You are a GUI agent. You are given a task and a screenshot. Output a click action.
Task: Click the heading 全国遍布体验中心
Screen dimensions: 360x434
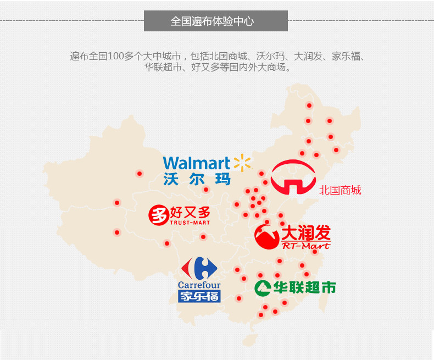215,21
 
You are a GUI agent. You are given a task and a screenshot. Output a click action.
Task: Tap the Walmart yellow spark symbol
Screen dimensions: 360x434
242,163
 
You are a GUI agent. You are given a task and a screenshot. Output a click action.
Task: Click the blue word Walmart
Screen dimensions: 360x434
196,163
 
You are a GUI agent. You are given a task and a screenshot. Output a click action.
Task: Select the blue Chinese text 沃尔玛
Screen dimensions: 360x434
196,179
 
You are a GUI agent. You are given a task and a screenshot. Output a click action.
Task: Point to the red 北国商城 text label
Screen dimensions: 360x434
340,191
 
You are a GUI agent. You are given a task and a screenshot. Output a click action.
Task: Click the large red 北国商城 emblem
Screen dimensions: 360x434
293,177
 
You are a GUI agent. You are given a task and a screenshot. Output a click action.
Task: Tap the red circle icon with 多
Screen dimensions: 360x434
158,215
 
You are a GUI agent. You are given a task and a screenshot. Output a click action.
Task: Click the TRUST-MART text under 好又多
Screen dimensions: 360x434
190,223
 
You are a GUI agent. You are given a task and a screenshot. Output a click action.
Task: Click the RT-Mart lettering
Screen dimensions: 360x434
305,246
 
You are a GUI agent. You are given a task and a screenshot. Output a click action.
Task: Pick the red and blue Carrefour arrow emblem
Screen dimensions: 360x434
199,269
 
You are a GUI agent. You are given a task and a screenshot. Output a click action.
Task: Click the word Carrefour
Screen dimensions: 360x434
199,285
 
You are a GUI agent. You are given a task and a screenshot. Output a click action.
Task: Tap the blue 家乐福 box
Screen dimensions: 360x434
199,296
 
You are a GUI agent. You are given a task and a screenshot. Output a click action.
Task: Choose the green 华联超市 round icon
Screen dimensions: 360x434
263,287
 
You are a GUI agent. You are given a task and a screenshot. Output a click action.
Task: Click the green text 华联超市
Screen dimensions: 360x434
303,287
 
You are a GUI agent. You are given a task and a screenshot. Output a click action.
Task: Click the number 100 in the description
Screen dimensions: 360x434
116,57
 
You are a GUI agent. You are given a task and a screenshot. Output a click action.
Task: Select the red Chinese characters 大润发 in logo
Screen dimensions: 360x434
306,234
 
